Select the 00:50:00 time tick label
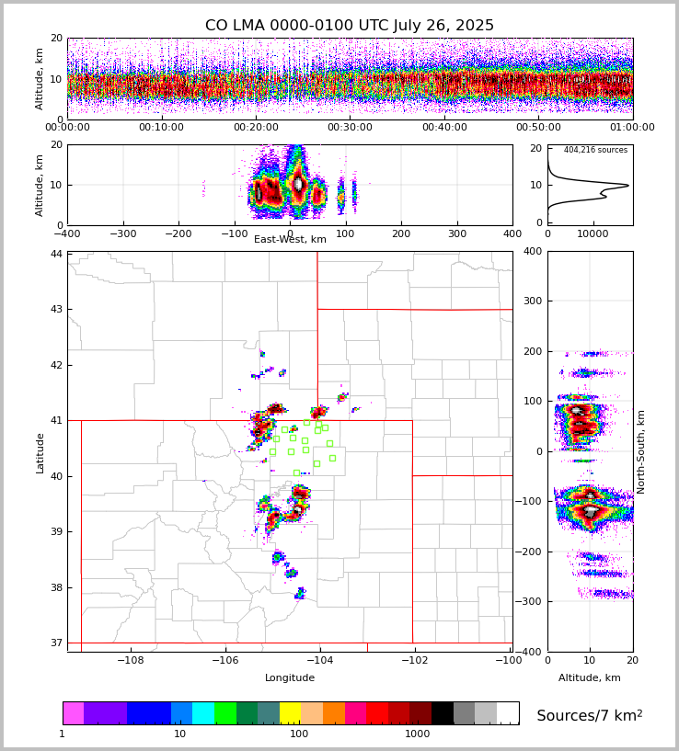coord(538,128)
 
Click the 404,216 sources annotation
coord(595,150)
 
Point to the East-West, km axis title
coord(290,240)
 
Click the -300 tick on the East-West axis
coord(122,233)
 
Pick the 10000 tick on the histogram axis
coord(592,233)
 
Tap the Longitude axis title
coord(290,678)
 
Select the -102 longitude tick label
coord(414,660)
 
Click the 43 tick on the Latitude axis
coord(56,310)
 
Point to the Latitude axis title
coord(40,452)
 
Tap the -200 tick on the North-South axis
coord(532,552)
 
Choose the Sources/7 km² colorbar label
coord(589,715)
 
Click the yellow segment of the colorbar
coord(290,713)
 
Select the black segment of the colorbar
coord(443,713)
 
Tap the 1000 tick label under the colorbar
coord(417,734)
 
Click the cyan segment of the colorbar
coord(203,713)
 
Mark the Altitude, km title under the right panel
coord(590,678)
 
